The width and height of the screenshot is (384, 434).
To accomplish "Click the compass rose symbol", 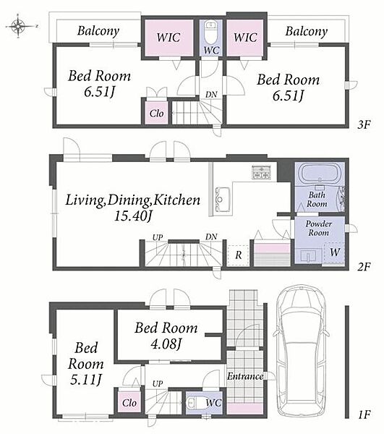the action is (x=18, y=26).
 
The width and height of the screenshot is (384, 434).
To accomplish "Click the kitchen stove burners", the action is (x=261, y=172).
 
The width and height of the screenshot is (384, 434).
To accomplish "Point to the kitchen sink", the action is (x=223, y=199).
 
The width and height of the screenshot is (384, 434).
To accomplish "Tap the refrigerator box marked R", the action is (x=238, y=255).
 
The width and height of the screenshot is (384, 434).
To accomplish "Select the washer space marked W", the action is (x=334, y=252).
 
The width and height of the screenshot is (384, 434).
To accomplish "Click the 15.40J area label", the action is (x=133, y=216).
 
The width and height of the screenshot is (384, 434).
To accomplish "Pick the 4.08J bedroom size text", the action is (x=166, y=344).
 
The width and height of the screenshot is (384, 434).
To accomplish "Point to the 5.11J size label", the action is (x=85, y=380).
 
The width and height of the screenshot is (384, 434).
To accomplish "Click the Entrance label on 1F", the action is (x=245, y=376).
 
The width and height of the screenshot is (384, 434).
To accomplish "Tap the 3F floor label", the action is (x=364, y=125).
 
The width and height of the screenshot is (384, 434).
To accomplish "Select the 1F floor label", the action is (x=364, y=415).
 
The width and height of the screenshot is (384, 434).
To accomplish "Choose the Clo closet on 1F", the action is (x=129, y=403).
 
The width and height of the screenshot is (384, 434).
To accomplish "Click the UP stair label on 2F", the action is (x=158, y=237).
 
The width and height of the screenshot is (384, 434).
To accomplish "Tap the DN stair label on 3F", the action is (x=211, y=95).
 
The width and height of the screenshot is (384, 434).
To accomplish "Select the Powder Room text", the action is (x=319, y=228).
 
